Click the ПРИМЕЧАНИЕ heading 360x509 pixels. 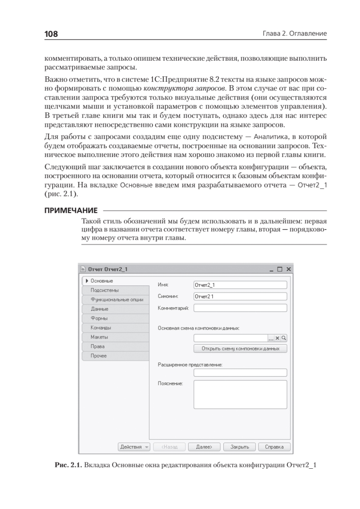[x=71, y=210]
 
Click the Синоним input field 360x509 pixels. [x=240, y=296]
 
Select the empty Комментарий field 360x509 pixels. [x=240, y=308]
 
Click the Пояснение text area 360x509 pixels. [x=240, y=394]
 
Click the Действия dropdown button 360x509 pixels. [x=134, y=447]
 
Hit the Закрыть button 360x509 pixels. [x=242, y=447]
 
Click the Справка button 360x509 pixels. [x=275, y=447]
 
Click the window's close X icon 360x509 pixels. [x=288, y=269]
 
